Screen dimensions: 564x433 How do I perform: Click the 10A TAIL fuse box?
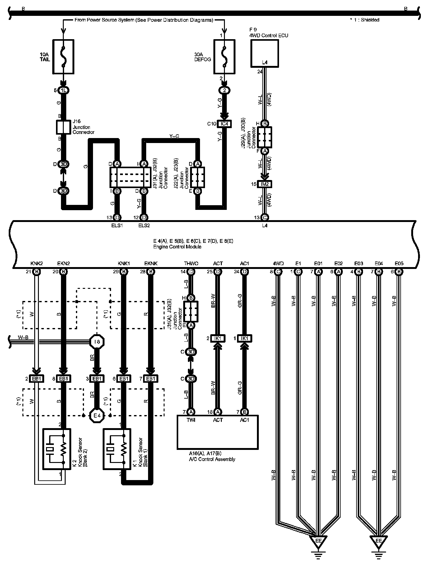click(63, 57)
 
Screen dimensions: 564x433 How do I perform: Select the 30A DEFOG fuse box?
click(224, 57)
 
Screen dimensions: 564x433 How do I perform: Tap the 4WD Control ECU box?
click(264, 53)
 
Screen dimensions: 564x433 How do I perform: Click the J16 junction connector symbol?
click(63, 127)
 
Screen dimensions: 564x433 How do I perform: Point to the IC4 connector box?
click(224, 124)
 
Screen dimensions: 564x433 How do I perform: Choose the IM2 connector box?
click(265, 184)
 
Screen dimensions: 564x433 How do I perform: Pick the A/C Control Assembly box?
click(217, 432)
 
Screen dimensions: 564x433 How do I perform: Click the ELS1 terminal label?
click(117, 225)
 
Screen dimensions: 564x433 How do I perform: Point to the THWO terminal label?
click(191, 264)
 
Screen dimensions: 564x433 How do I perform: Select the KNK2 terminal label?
click(37, 264)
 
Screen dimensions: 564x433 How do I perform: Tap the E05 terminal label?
click(399, 264)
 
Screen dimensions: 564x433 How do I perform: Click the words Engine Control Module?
click(177, 247)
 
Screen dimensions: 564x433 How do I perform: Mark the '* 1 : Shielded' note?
click(364, 20)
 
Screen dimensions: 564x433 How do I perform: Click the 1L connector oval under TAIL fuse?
click(63, 90)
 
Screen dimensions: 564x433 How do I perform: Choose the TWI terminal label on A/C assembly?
click(191, 420)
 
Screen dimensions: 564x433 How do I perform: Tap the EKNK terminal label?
click(151, 264)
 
